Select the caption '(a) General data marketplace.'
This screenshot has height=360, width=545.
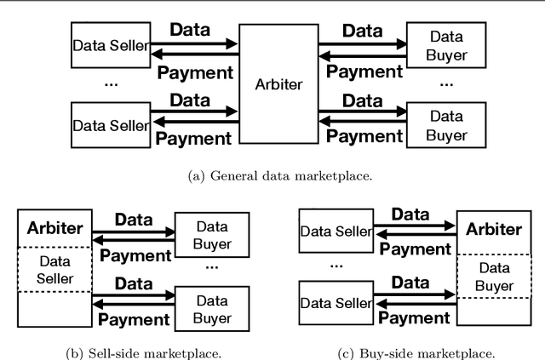point(273,176)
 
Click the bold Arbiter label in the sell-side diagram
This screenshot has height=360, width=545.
point(54,228)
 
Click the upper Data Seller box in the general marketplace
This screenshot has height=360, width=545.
point(111,45)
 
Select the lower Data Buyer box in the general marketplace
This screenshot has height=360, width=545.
point(445,126)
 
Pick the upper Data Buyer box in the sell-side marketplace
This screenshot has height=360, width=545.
point(213,234)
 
